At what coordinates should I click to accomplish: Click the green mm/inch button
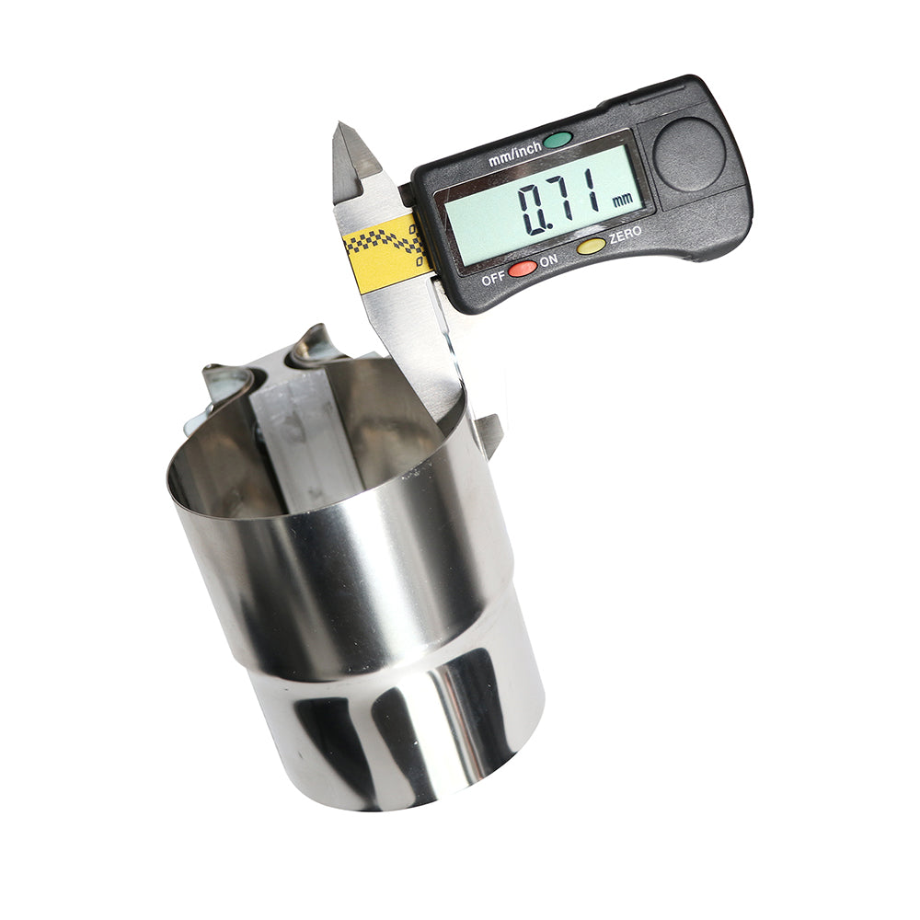click(x=557, y=140)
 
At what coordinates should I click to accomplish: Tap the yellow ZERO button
click(x=591, y=246)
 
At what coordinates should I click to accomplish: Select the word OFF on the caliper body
click(x=493, y=279)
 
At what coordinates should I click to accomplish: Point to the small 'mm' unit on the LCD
click(x=622, y=200)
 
